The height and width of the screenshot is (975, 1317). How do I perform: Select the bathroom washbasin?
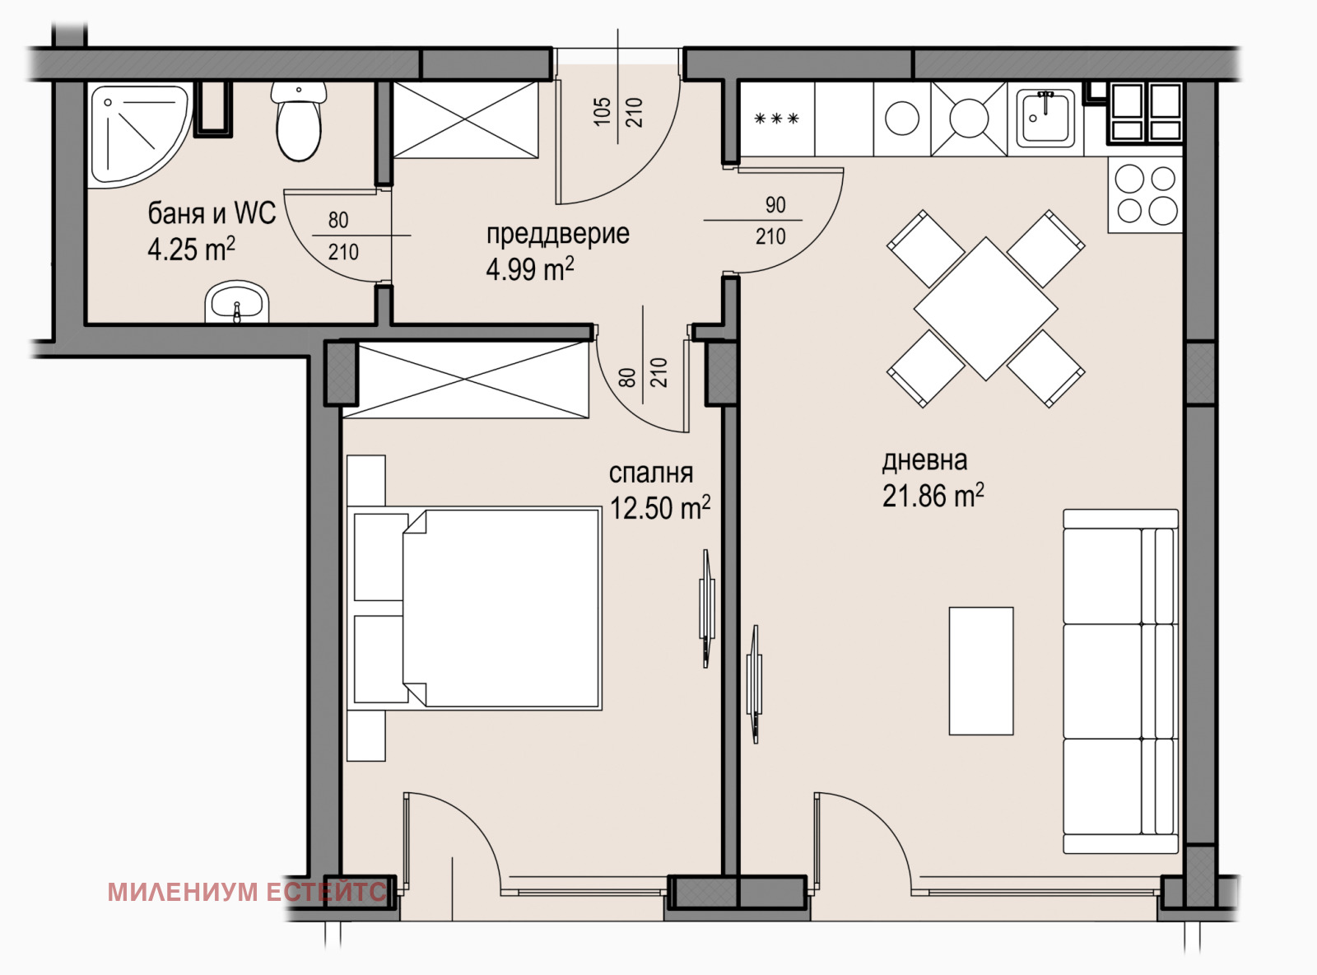coord(236,302)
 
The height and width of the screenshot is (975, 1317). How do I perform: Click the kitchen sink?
coord(1046,119)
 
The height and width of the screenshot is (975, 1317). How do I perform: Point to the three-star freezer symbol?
coord(777,119)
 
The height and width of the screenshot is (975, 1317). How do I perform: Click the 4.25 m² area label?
coord(191,249)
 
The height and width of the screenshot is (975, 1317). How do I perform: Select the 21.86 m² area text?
coord(933,496)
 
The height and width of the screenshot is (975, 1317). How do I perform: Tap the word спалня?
coord(651,474)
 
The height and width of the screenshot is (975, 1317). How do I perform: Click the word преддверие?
coord(557,234)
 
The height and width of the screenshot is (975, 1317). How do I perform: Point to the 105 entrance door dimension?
coord(602,112)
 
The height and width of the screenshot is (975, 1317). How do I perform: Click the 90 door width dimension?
coord(775,205)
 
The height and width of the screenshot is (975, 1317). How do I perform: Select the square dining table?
coord(985,309)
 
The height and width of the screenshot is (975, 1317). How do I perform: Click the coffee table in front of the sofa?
coord(981,671)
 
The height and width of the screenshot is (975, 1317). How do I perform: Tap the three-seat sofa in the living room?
coord(1120,681)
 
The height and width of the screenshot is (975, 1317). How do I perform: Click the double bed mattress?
coord(502,609)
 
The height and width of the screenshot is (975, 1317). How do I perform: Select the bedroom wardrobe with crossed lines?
coord(466,380)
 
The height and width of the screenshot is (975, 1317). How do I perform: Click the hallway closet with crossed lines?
coord(466,120)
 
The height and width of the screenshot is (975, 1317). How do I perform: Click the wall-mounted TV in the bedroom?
coord(706,609)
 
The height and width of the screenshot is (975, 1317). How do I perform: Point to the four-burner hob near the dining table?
coord(1146,194)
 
